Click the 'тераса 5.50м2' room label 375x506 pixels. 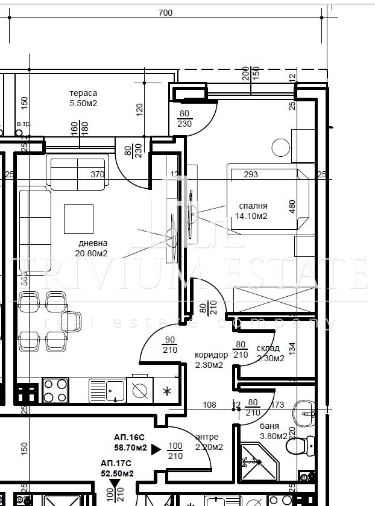83,98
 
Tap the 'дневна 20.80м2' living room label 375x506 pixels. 92,248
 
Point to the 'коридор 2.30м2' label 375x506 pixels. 210,360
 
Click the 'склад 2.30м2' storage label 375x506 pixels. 269,353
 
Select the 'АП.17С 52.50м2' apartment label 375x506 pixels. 116,469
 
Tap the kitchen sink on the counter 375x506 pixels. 107,390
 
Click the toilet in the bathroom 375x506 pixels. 297,446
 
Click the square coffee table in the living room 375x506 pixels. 79,219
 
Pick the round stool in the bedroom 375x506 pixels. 280,147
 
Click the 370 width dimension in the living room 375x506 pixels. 98,175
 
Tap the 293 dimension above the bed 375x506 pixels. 251,175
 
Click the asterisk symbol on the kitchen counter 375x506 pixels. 167,391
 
